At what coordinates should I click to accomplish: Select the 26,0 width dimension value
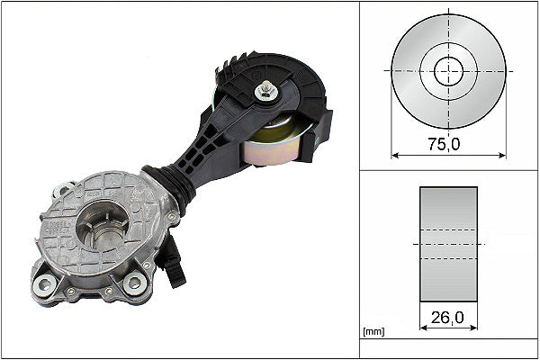pyautogui.click(x=448, y=318)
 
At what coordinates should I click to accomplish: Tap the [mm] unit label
pyautogui.click(x=373, y=332)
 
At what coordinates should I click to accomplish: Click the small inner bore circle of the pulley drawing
pyautogui.click(x=447, y=70)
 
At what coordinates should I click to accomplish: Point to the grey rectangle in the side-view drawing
pyautogui.click(x=448, y=245)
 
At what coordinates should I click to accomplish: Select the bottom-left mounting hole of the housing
pyautogui.click(x=43, y=286)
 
